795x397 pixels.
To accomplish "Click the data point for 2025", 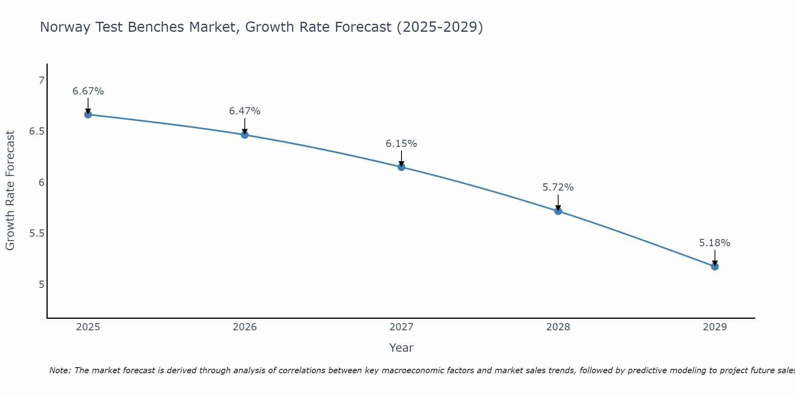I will (88, 115).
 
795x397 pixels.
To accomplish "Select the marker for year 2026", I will (245, 135).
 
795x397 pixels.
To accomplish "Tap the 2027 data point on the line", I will (401, 167).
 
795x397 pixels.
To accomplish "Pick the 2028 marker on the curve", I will (558, 211).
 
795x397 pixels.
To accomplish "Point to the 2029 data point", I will (715, 266).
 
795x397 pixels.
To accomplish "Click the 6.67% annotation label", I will (88, 91).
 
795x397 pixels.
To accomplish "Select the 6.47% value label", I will (245, 111).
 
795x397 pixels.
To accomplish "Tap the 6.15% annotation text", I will (401, 144).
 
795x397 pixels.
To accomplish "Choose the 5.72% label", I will (558, 187).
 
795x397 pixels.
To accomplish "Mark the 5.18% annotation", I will (715, 243).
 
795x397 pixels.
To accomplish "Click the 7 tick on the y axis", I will (41, 81).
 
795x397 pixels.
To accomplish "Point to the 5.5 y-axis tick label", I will (37, 233).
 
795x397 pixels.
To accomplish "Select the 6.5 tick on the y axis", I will (37, 131).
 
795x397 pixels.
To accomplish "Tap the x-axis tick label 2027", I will (401, 327).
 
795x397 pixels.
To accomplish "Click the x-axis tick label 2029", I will (715, 327).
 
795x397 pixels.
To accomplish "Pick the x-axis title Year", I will (401, 348).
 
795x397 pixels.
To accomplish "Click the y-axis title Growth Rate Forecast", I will (10, 191).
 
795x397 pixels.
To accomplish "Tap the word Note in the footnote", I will (60, 370).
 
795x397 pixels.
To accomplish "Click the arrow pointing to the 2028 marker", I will (558, 202).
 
